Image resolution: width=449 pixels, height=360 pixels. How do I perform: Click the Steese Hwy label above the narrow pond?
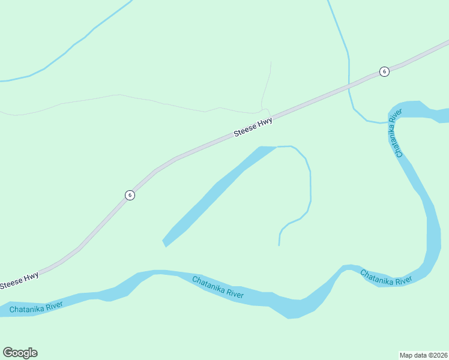pos(253,127)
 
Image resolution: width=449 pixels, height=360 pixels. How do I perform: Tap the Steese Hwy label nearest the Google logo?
pos(19,280)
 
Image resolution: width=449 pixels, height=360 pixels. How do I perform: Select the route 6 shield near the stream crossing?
pos(384,71)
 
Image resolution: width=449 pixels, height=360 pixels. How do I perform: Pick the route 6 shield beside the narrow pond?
pos(130,195)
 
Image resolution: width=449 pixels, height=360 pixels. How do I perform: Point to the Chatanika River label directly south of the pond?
pos(218,287)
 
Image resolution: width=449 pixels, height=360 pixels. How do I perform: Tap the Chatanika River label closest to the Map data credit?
pos(386,278)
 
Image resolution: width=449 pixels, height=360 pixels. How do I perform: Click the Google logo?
pos(20,353)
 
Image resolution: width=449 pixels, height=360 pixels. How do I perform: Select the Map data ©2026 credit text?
pos(424,355)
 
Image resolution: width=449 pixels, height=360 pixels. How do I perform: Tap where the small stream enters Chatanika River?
pos(385,122)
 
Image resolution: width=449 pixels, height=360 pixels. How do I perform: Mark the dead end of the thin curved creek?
pos(279,245)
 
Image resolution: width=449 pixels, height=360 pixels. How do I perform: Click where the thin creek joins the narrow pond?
pos(277,146)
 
